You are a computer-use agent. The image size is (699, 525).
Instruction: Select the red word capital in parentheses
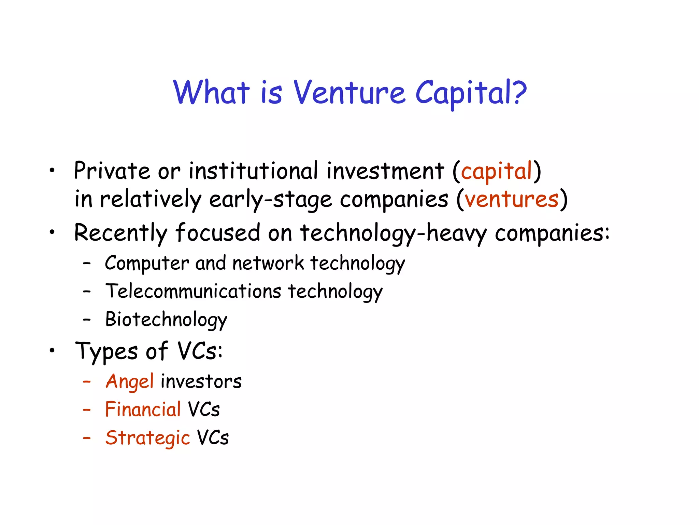coord(497,171)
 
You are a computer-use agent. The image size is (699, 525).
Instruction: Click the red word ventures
coord(512,199)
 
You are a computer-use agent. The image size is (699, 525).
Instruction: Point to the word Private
coord(112,171)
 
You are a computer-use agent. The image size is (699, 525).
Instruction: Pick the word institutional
coord(254,171)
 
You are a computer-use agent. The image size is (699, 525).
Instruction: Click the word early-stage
coord(270,200)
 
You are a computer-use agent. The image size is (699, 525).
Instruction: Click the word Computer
coord(147,264)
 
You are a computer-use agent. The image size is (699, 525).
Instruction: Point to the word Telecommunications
coord(193,292)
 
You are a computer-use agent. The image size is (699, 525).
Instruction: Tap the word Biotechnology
coord(166,320)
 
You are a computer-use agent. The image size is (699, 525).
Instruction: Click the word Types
coord(106,352)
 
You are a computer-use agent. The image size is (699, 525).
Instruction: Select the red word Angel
coord(130,381)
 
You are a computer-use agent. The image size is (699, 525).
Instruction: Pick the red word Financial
coord(143,409)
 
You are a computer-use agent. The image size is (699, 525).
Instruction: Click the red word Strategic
coord(147,438)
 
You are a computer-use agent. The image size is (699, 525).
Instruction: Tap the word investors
coord(201,381)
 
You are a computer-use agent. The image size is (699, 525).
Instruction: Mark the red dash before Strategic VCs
coord(87,438)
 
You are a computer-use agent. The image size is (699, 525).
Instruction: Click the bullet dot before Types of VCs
coord(52,350)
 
